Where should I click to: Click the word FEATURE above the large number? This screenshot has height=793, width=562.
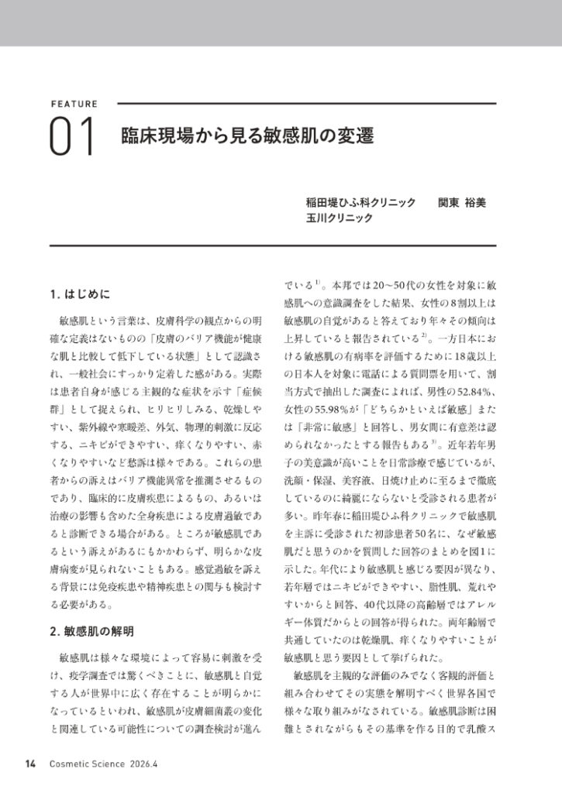74,103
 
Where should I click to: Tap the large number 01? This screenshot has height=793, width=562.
72,137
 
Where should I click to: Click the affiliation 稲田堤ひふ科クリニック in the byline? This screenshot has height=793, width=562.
361,202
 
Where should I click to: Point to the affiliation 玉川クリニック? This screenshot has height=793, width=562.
340,218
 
